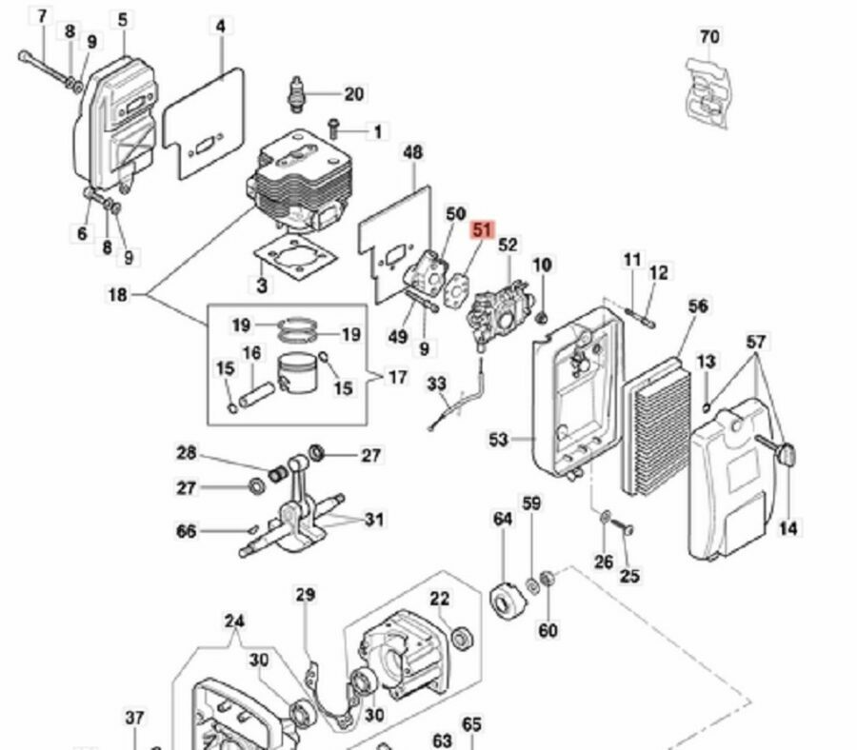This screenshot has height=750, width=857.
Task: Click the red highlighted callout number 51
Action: click(482, 230)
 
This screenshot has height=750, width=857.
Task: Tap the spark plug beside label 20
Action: click(297, 94)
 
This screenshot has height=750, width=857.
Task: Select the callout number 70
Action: click(708, 37)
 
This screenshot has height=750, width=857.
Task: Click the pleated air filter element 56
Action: click(657, 426)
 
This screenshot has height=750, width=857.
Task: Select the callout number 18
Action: click(117, 295)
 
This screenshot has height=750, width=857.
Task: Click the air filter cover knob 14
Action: click(777, 449)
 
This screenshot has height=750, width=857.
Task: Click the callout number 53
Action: click(498, 439)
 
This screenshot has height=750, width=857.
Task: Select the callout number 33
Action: click(436, 384)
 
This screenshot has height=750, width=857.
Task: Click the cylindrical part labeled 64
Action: click(508, 602)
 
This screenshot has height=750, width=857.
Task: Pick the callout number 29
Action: click(306, 594)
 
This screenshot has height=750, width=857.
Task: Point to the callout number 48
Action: click(412, 152)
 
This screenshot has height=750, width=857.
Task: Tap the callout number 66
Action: click(186, 531)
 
